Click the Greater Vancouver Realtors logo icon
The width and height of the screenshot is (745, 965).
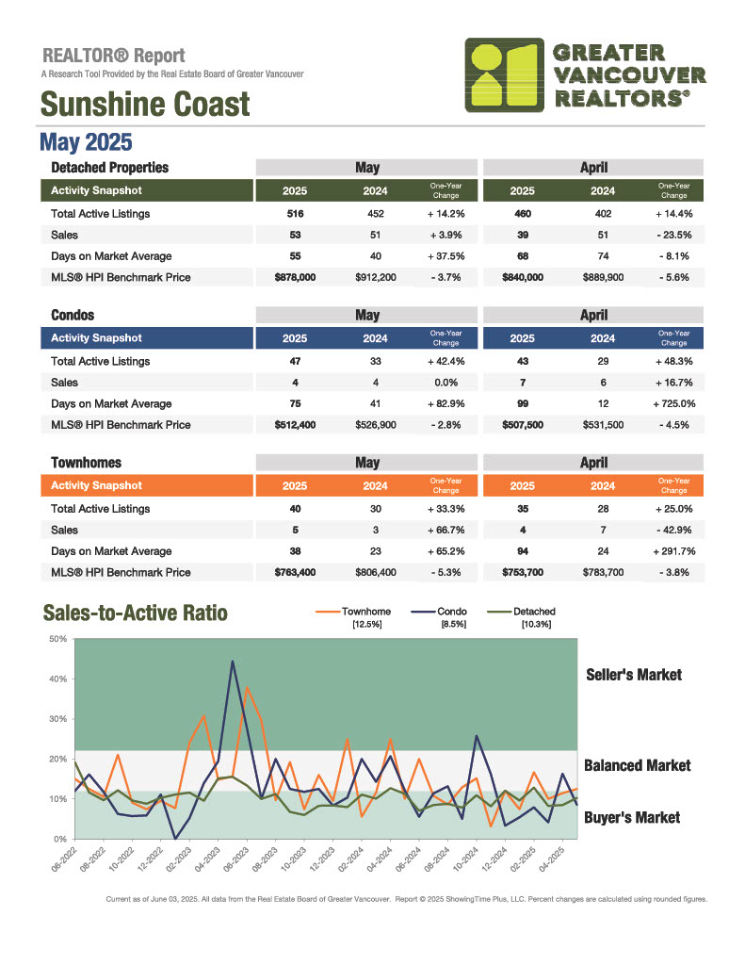click(505, 75)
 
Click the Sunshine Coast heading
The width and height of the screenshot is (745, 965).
click(145, 104)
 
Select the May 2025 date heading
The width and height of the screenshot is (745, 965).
click(86, 142)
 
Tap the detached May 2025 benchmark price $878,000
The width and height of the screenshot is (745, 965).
click(296, 278)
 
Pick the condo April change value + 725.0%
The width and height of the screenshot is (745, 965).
click(674, 403)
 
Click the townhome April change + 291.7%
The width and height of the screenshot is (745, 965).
click(674, 551)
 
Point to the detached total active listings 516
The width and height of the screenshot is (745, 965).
click(296, 214)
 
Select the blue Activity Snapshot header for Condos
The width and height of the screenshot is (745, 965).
click(147, 338)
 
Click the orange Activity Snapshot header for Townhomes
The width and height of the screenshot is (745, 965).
click(147, 485)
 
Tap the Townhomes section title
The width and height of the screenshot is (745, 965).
click(86, 463)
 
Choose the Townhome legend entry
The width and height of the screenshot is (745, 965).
click(353, 616)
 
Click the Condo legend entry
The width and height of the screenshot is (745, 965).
click(439, 616)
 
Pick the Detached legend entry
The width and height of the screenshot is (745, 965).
click(521, 616)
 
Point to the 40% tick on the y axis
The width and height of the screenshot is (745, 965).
click(58, 679)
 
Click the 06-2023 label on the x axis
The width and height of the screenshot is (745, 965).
click(236, 859)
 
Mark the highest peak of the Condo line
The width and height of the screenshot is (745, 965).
click(233, 662)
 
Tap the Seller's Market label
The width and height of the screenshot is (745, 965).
click(634, 675)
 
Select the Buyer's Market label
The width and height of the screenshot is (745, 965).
click(632, 818)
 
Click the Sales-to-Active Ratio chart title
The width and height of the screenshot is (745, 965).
click(136, 613)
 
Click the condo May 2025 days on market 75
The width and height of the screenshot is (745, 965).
click(296, 403)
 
